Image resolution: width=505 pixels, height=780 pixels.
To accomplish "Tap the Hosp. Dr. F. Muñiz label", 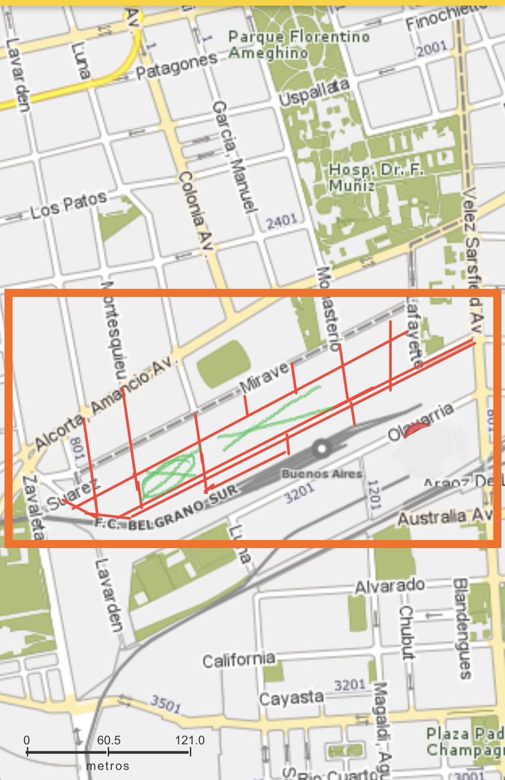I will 361,177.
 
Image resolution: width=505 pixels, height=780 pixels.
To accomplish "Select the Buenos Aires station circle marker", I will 321,448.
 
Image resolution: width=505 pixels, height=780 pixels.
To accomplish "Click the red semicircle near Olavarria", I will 416,431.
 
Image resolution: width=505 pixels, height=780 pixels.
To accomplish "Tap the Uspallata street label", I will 314,94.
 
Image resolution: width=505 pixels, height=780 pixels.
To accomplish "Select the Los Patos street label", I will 68,207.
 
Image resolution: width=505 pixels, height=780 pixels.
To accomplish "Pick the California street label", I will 238,660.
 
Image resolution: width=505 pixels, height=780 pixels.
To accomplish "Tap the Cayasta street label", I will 292,698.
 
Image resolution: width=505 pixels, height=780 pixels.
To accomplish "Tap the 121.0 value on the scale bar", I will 189,740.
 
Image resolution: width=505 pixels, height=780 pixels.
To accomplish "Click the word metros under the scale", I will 107,766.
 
